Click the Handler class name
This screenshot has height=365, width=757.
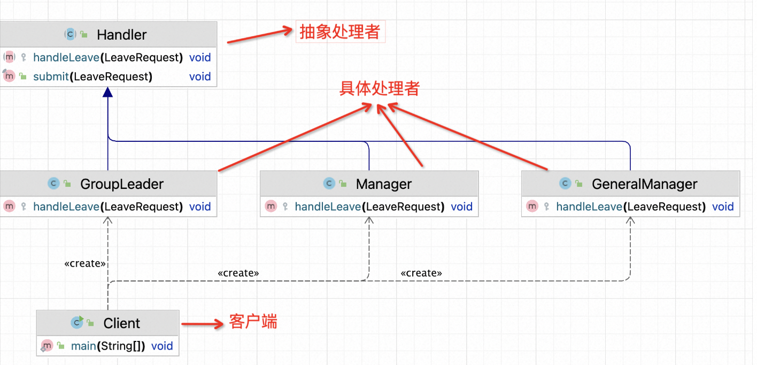point(121,35)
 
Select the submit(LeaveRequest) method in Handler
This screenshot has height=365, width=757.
point(92,77)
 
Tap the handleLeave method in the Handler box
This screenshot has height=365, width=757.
point(107,57)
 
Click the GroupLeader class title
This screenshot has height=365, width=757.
point(122,184)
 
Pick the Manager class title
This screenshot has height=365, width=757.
point(384,184)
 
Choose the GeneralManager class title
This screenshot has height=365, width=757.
point(644,184)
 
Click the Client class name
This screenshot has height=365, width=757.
point(122,323)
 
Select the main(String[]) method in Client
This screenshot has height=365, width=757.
point(108,346)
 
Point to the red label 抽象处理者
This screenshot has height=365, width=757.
point(339,33)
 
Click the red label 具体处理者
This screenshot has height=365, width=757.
point(380,89)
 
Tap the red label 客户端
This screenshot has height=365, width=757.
point(253,322)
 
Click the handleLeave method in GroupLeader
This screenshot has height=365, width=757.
point(107,207)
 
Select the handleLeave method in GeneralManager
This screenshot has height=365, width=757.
point(630,207)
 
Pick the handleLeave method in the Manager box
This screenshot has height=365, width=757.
point(369,207)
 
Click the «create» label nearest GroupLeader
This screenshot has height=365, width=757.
point(84,263)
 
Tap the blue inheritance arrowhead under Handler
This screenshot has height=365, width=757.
point(108,92)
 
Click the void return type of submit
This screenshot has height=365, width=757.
point(200,77)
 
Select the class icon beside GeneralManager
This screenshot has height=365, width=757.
point(565,184)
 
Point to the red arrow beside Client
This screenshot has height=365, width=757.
point(202,323)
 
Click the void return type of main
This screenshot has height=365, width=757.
point(162,346)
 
